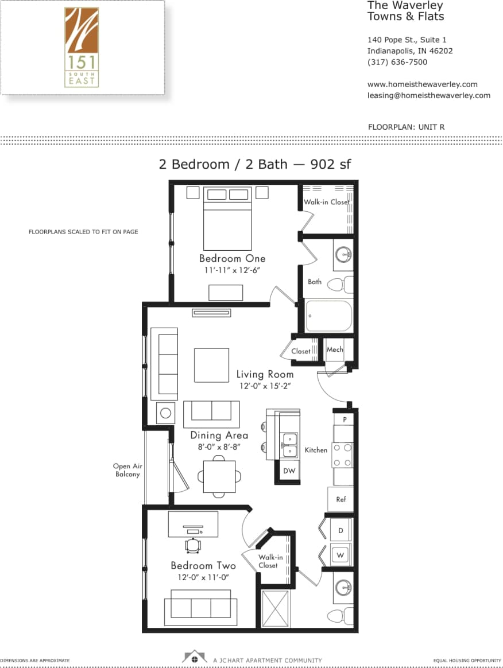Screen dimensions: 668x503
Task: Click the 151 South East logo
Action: pyautogui.click(x=82, y=48)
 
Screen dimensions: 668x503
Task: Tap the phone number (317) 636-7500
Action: pyautogui.click(x=397, y=62)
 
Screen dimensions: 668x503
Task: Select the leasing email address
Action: pyautogui.click(x=428, y=95)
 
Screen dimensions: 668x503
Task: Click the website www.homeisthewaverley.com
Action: pyautogui.click(x=422, y=84)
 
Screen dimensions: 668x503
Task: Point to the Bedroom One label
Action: pyautogui.click(x=228, y=258)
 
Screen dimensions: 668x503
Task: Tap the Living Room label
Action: pyautogui.click(x=265, y=374)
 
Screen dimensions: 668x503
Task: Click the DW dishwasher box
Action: pyautogui.click(x=289, y=471)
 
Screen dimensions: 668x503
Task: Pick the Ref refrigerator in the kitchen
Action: pyautogui.click(x=341, y=499)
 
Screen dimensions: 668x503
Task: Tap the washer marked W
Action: pyautogui.click(x=341, y=555)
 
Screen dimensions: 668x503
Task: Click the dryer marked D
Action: pyautogui.click(x=341, y=531)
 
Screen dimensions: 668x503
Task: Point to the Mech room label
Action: pyautogui.click(x=335, y=349)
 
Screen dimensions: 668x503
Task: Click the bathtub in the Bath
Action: pyautogui.click(x=328, y=316)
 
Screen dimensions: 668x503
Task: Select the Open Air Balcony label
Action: pyautogui.click(x=127, y=471)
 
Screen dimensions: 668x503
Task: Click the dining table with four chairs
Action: pyautogui.click(x=219, y=476)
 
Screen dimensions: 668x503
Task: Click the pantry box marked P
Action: pyautogui.click(x=345, y=420)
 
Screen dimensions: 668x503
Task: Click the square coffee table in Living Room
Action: pyautogui.click(x=211, y=365)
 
